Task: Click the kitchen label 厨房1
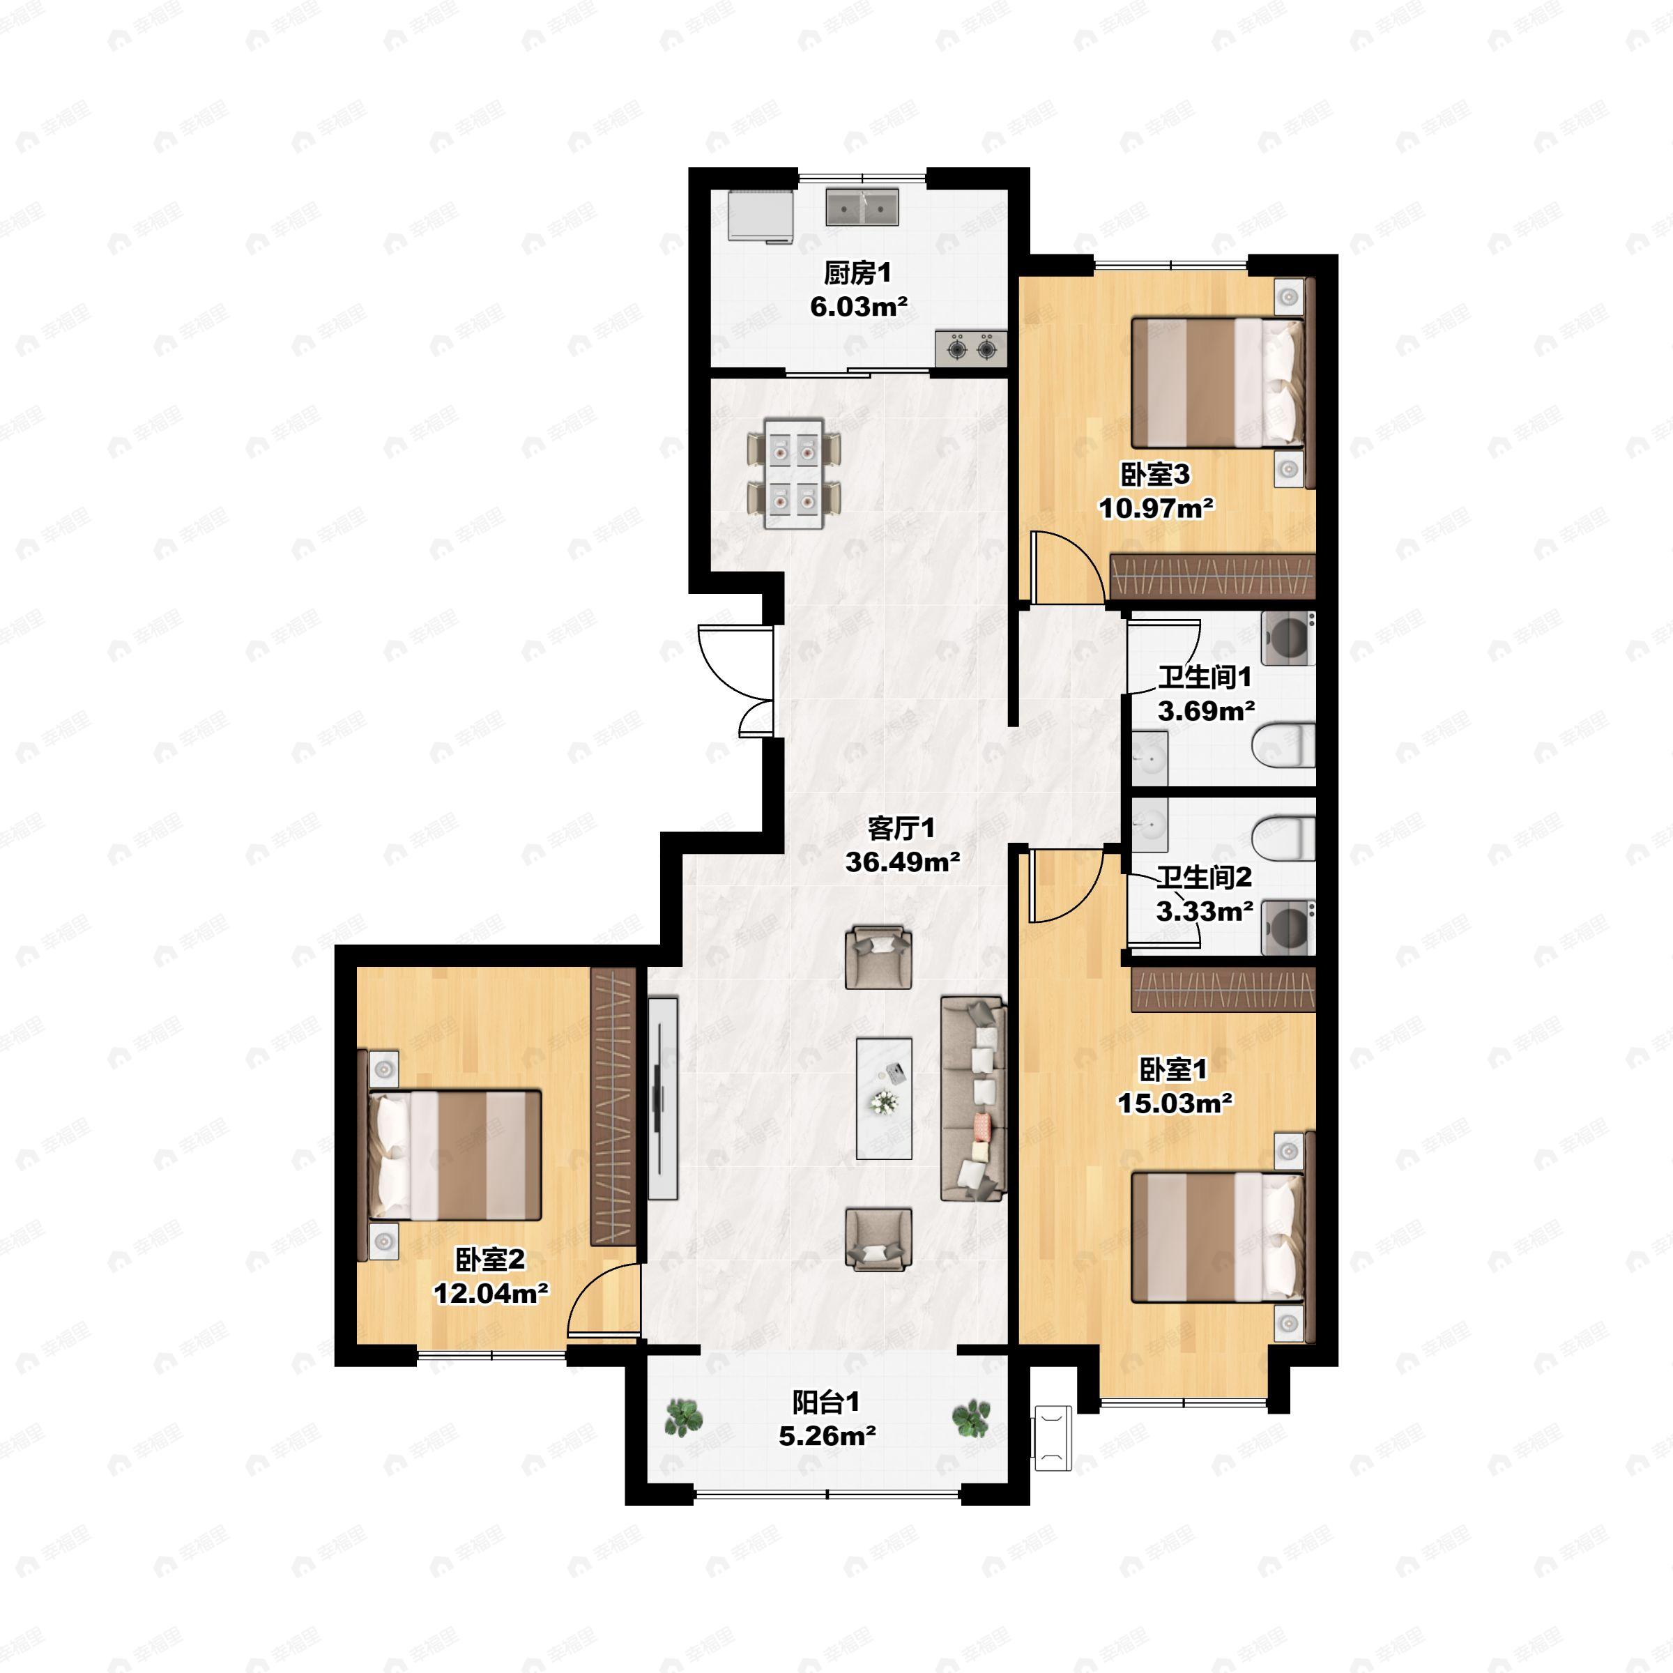[857, 274]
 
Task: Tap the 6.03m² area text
[858, 307]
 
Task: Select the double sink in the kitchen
[862, 207]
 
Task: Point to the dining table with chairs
[794, 473]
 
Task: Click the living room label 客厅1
[901, 829]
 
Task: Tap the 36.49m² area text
[902, 862]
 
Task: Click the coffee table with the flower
[884, 1098]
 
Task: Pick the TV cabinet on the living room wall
[662, 1098]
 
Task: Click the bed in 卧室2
[450, 1155]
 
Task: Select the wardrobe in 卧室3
[1212, 575]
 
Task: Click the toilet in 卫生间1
[1284, 746]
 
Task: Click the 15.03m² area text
[1175, 1103]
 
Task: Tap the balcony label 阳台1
[826, 1402]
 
